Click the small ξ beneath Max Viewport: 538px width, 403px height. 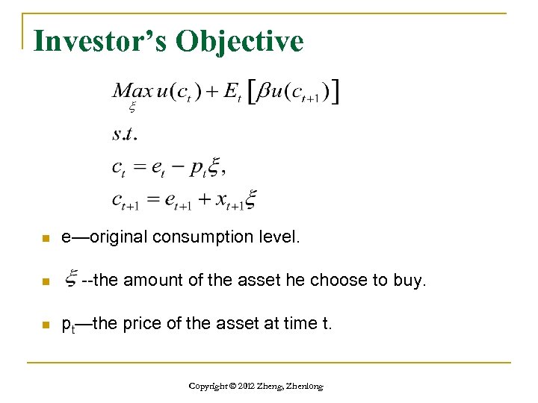pos(132,108)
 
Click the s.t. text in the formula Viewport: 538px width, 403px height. pos(124,135)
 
